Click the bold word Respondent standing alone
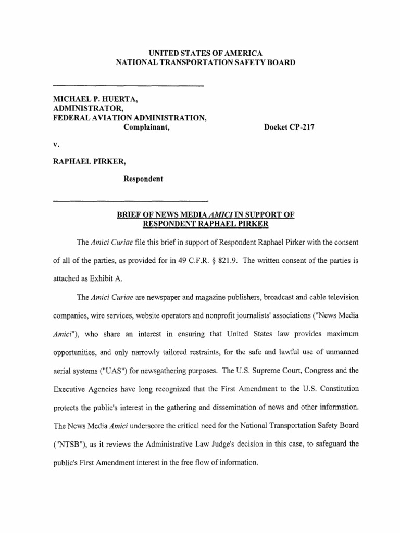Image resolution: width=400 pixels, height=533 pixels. (x=143, y=179)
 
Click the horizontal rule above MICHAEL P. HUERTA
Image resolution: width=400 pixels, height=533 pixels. (x=128, y=85)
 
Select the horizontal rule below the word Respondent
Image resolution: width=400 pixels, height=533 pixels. (x=131, y=200)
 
